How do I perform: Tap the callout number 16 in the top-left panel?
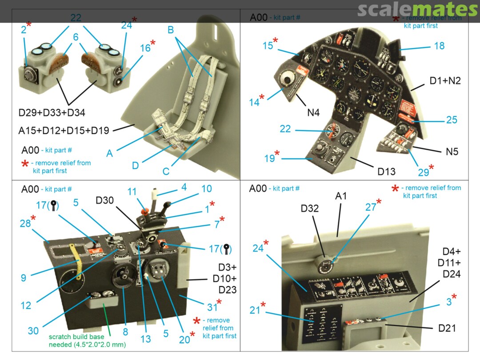pyautogui.click(x=146, y=48)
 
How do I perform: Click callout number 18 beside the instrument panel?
pyautogui.click(x=439, y=46)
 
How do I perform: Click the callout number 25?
pyautogui.click(x=452, y=120)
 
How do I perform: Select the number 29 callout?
pyautogui.click(x=424, y=172)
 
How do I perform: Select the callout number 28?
pyautogui.click(x=25, y=224)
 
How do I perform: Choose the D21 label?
pyautogui.click(x=447, y=328)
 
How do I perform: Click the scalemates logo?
pyautogui.click(x=417, y=10)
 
